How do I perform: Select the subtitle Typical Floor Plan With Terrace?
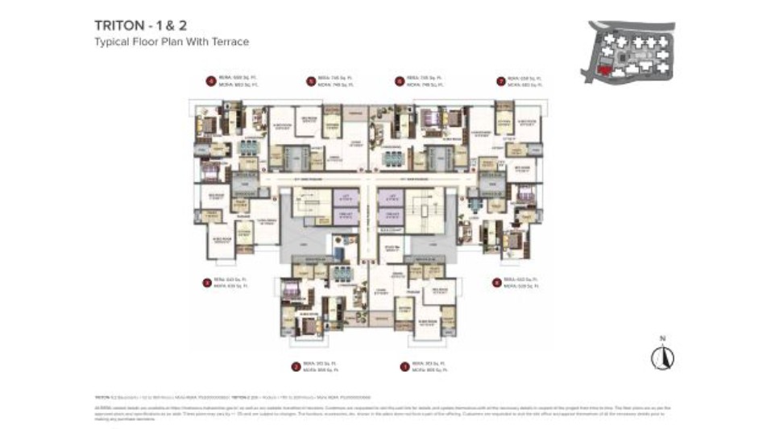point(172,41)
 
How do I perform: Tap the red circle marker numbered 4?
point(210,80)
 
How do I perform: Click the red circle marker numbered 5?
point(310,80)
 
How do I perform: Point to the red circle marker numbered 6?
point(400,80)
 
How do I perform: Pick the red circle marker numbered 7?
point(500,80)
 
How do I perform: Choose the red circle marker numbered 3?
point(207,283)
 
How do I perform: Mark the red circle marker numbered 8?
point(496,283)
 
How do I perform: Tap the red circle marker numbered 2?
point(296,366)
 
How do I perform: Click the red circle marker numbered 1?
point(404,366)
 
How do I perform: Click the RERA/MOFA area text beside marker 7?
point(525,80)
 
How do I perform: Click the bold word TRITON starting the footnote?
point(102,398)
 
